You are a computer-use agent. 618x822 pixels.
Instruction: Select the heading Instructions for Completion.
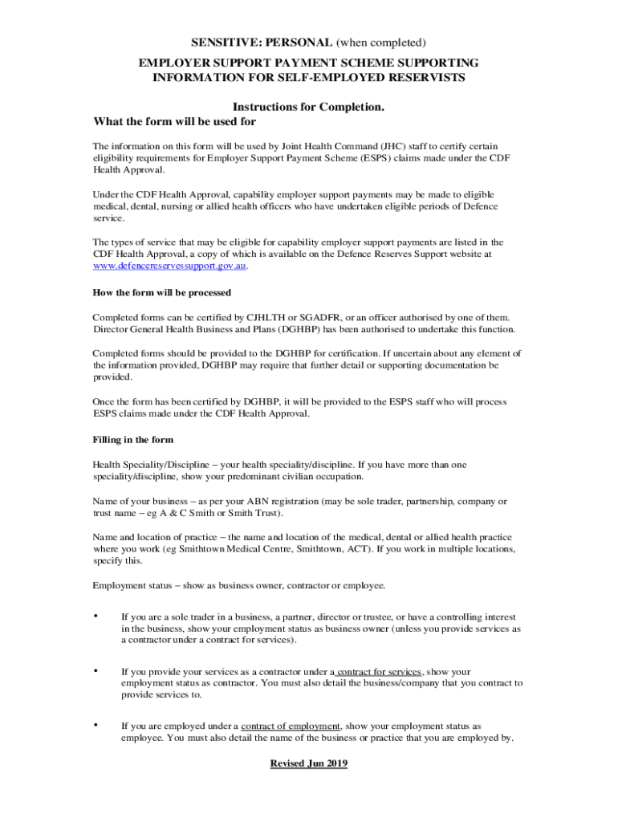[308, 107]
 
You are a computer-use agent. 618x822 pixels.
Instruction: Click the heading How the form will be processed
[162, 292]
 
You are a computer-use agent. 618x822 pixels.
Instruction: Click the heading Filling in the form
[132, 440]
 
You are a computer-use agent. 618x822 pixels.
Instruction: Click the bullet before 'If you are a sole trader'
[96, 616]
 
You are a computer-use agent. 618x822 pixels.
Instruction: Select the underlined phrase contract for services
[379, 672]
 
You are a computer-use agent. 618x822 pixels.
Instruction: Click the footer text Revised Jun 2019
[308, 764]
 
